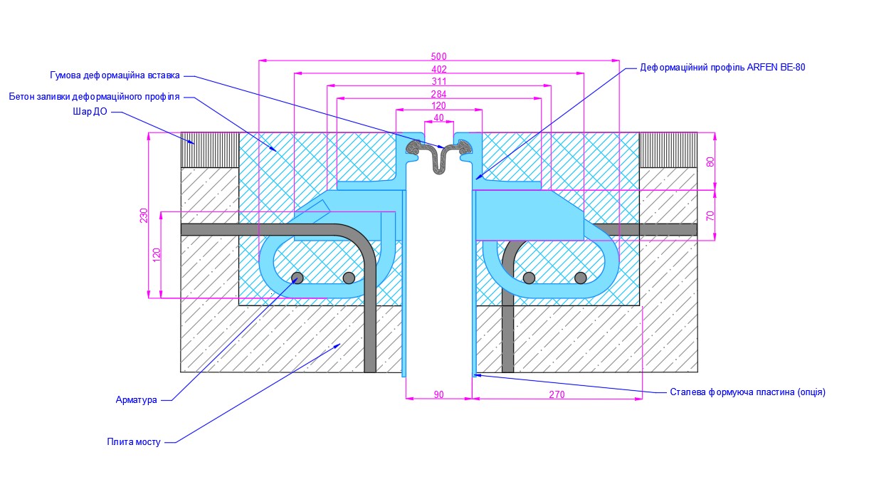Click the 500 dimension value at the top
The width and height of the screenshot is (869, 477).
[439, 56]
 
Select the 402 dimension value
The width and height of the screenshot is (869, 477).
[439, 69]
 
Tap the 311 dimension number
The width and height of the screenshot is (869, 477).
[439, 82]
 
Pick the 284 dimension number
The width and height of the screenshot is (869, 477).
[439, 95]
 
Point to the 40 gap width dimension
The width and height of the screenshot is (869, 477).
[438, 117]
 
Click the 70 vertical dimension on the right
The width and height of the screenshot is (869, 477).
[710, 215]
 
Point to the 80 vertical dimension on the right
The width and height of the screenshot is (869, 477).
[710, 162]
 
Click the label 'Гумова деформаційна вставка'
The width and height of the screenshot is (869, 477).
[115, 75]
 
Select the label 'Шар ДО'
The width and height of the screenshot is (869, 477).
[90, 112]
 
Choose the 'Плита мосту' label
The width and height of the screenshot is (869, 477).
[134, 442]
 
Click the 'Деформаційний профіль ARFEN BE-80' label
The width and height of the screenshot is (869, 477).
[722, 68]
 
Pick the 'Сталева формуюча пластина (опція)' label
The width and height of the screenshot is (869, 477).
[747, 392]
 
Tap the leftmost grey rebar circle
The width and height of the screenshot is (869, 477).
[297, 278]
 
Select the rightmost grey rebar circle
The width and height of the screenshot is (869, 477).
[581, 278]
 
